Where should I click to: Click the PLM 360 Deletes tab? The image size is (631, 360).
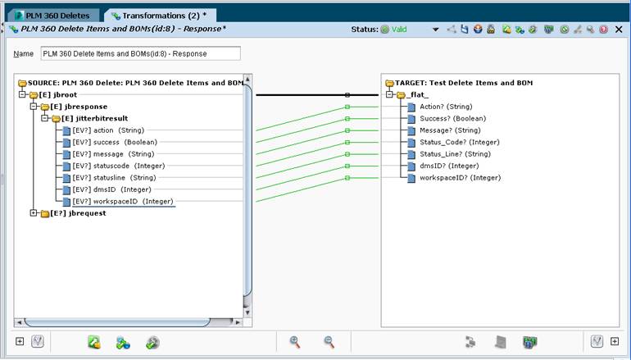pyautogui.click(x=53, y=16)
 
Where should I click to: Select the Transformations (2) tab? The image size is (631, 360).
pyautogui.click(x=160, y=16)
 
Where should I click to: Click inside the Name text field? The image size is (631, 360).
pyautogui.click(x=140, y=53)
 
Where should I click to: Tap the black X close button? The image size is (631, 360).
pyautogui.click(x=619, y=29)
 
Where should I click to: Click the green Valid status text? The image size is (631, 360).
pyautogui.click(x=399, y=29)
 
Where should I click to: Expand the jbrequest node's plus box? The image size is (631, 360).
pyautogui.click(x=34, y=213)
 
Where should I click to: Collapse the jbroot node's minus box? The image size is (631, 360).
pyautogui.click(x=23, y=94)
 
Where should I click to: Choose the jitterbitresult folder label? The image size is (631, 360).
pyautogui.click(x=94, y=118)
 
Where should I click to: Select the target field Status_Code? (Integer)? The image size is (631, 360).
pyautogui.click(x=460, y=142)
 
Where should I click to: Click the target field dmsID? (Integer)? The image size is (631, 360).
pyautogui.click(x=449, y=166)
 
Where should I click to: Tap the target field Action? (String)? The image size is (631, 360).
pyautogui.click(x=446, y=107)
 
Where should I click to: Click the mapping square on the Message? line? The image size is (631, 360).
pyautogui.click(x=347, y=130)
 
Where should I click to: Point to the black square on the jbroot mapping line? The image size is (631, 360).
pyautogui.click(x=347, y=95)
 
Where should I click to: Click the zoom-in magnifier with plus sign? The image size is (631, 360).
pyautogui.click(x=295, y=342)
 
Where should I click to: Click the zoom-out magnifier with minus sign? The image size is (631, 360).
pyautogui.click(x=329, y=342)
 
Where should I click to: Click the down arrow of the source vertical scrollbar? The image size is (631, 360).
pyautogui.click(x=247, y=312)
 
